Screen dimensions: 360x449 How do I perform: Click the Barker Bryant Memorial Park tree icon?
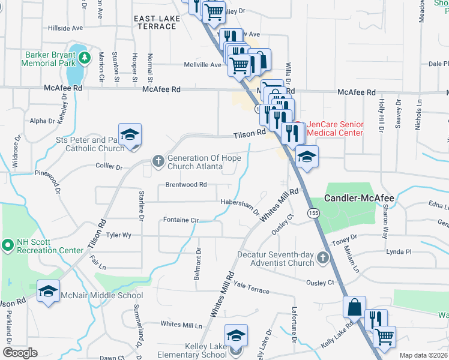[x=85, y=57]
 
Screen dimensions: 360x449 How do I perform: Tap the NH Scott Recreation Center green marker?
[x=8, y=245]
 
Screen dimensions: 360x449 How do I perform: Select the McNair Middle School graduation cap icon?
[x=49, y=292]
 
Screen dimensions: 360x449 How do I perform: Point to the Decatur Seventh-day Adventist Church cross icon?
[x=323, y=259]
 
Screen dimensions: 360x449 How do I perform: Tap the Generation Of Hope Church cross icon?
[x=158, y=160]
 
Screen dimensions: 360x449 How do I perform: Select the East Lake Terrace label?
[x=157, y=23]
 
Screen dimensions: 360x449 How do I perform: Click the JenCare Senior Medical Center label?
[x=335, y=128]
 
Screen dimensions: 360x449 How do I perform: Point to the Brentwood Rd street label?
[x=187, y=185]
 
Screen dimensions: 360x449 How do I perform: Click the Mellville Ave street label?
[x=203, y=65]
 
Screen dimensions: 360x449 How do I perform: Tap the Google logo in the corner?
[x=20, y=353]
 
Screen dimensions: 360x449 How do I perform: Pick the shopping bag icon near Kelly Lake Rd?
[x=354, y=307]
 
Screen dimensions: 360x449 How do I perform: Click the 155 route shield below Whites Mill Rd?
[x=313, y=212]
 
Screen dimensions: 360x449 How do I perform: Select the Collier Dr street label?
[x=109, y=166]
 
